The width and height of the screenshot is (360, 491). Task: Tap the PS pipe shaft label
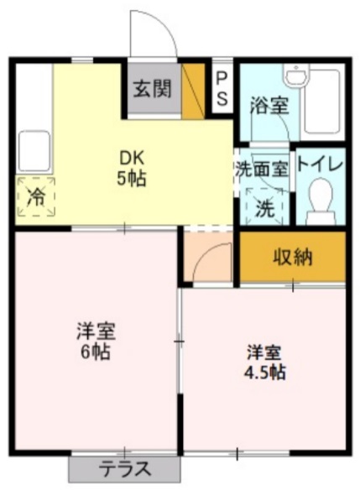pos(222,88)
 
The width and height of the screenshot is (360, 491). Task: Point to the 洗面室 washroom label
pos(262,166)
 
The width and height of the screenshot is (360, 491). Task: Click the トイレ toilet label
pos(320,165)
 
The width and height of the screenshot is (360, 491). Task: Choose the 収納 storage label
pos(292,257)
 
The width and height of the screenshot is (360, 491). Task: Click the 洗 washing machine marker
pos(263,206)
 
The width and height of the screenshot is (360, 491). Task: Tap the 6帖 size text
pos(97,351)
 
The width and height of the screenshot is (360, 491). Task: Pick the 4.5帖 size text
pos(266,371)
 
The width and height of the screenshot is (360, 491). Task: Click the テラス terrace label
pos(125,468)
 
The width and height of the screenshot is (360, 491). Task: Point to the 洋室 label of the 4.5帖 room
pos(266,351)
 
